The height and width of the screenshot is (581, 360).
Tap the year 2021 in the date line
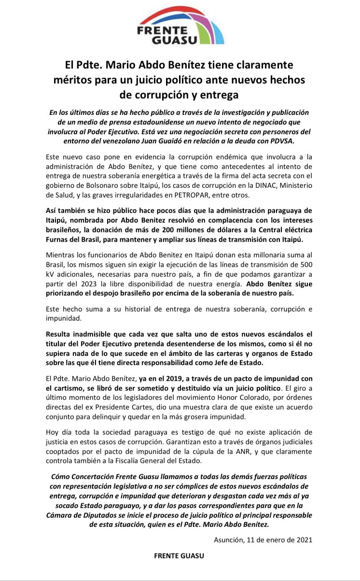[303, 539]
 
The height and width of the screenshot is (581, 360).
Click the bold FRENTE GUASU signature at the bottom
[179, 555]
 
